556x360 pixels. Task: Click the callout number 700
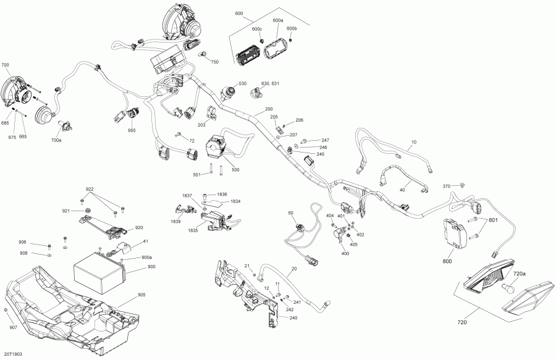pos(6,65)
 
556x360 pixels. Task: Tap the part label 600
pos(239,14)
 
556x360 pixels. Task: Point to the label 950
pos(132,130)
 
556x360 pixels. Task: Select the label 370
pos(447,186)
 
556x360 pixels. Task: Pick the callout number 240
pos(293,317)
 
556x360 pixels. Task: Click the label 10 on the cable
pos(414,143)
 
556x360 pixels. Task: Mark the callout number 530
pos(242,83)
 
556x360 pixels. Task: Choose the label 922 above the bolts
pos(90,189)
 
